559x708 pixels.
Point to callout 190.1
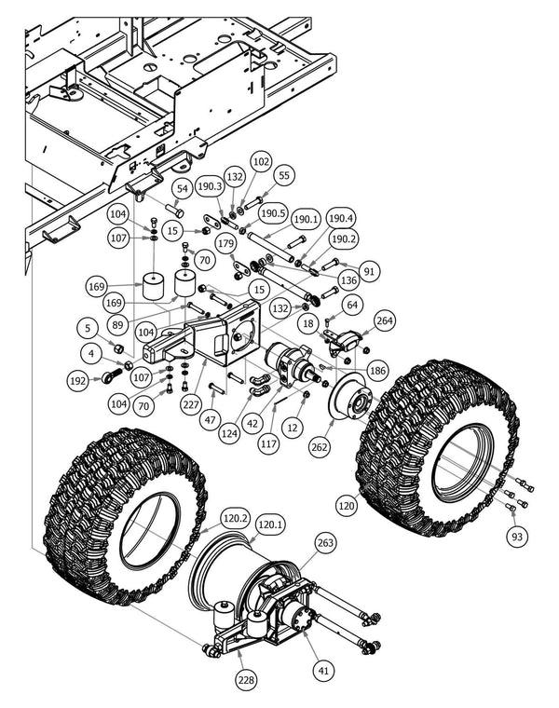coord(305,220)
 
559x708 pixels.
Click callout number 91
coord(371,272)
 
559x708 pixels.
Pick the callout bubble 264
coord(385,320)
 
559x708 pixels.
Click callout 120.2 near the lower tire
coord(235,518)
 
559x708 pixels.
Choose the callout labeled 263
coord(325,543)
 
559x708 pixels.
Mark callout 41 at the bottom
coord(323,668)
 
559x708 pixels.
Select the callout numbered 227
coord(192,404)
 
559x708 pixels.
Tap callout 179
coord(225,244)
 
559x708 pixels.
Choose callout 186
coord(377,371)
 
